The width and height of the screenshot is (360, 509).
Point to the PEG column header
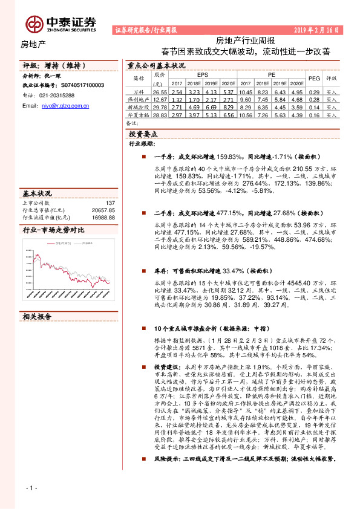point(314,79)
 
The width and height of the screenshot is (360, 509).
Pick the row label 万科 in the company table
point(139,92)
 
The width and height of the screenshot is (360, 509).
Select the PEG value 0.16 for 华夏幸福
point(314,114)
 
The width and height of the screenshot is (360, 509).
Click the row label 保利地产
point(139,99)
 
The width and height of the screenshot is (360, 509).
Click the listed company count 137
point(110,203)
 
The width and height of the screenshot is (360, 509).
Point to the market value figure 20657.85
point(103,210)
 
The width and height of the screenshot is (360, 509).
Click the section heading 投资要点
point(144,134)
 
